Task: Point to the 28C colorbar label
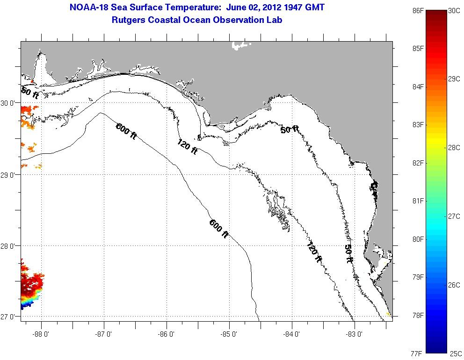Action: (x=454, y=147)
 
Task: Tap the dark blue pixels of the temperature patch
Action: (x=25, y=305)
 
